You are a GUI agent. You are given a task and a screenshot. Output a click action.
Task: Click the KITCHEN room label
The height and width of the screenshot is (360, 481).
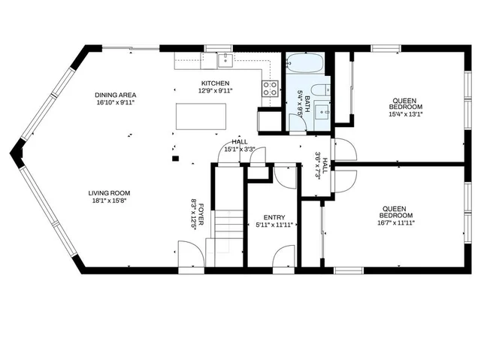215,83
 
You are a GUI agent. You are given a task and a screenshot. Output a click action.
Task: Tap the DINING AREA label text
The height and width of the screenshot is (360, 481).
115,95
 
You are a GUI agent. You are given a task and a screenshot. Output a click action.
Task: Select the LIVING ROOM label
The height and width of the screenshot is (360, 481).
109,193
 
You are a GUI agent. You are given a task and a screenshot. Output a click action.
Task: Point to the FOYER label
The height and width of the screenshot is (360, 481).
201,214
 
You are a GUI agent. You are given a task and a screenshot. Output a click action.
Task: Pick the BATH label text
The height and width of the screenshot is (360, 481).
307,104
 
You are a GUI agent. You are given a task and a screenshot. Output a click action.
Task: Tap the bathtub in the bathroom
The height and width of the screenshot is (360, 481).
305,63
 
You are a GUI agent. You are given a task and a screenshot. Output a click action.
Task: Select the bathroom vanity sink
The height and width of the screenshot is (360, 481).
322,112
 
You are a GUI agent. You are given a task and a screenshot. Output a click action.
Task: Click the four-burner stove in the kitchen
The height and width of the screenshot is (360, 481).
270,89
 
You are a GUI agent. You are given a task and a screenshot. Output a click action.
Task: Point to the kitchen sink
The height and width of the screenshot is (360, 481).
225,60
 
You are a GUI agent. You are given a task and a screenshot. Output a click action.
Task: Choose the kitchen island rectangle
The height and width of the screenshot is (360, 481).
201,116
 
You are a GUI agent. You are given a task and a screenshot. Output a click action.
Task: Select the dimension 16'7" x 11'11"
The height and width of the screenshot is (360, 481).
396,223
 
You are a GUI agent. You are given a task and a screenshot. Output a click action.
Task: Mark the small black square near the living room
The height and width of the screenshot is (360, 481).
175,159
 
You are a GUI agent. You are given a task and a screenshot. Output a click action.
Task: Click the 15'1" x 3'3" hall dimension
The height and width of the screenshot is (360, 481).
240,150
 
